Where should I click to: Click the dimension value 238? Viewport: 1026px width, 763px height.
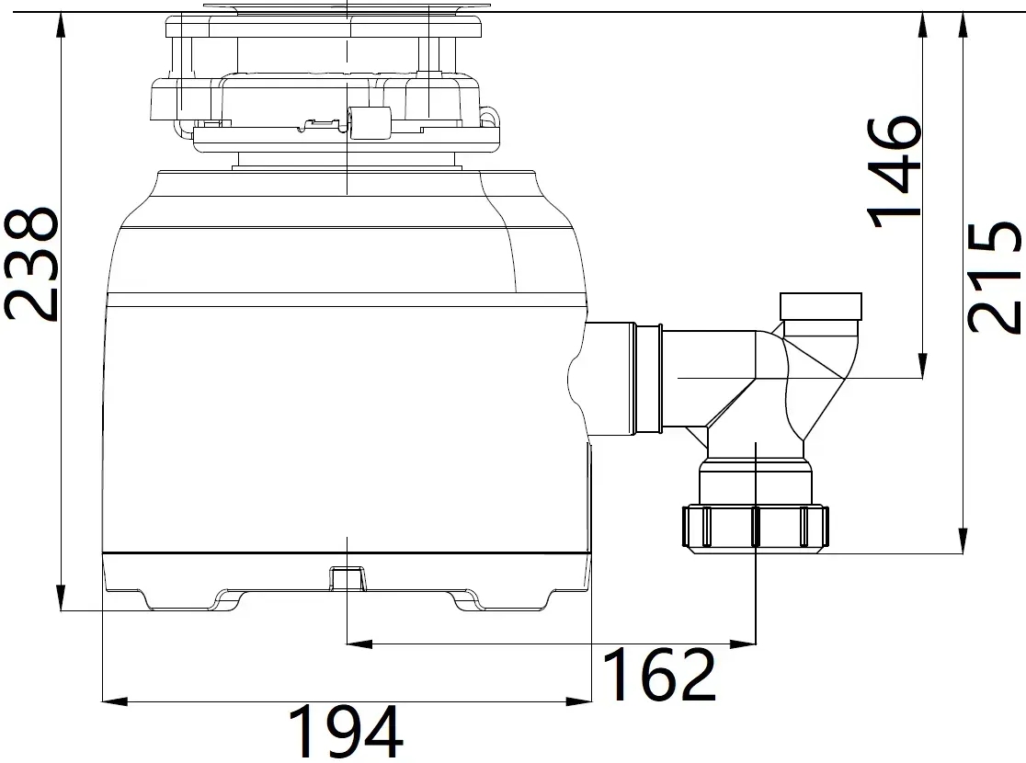click(x=31, y=265)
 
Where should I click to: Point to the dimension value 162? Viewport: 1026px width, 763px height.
click(x=659, y=674)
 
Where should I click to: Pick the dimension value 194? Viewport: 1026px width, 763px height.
click(x=346, y=732)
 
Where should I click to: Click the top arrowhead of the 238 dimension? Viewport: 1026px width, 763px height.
click(x=61, y=25)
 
